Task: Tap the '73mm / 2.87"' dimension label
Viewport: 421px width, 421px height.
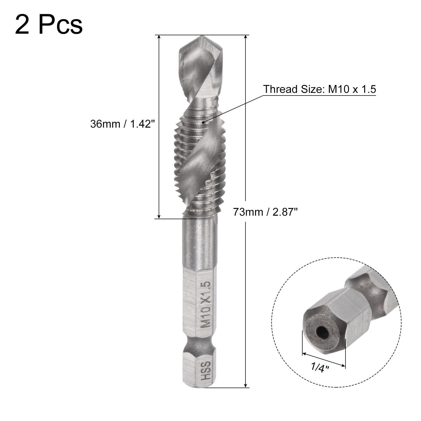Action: click(265, 212)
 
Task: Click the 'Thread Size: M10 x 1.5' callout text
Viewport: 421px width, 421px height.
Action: click(319, 89)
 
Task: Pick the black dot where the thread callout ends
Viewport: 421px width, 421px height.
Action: click(203, 122)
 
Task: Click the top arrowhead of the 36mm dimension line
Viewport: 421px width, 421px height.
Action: click(159, 37)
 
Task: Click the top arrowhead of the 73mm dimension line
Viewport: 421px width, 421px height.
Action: click(245, 37)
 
